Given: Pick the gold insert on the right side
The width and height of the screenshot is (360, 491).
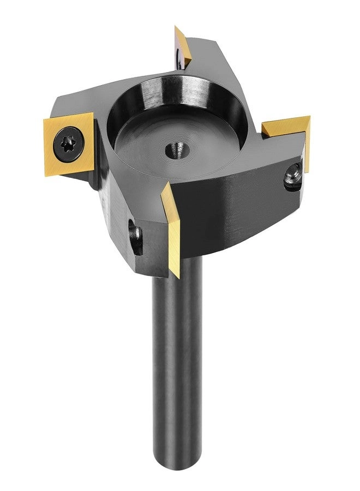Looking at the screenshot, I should click(289, 131).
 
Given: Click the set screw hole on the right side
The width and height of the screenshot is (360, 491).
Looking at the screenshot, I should click(293, 176).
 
